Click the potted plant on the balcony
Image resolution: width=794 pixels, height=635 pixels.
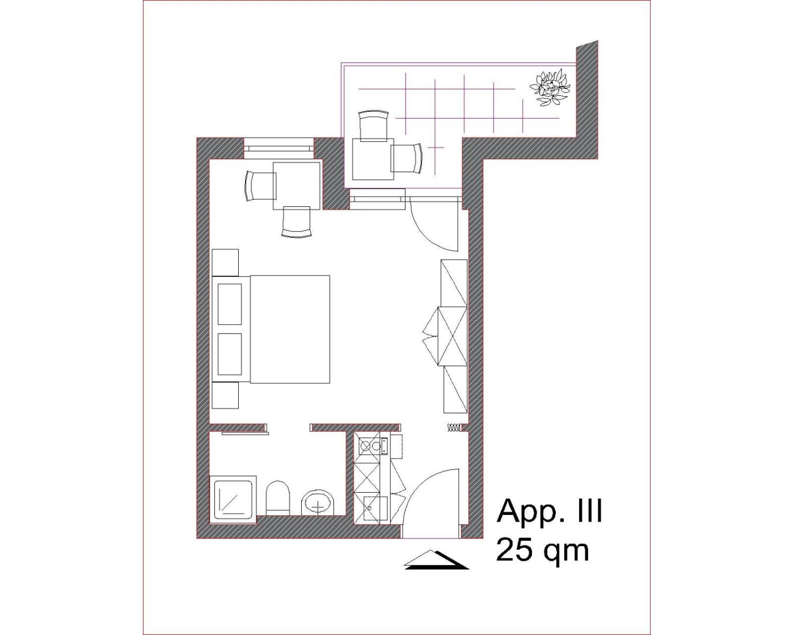[550, 88]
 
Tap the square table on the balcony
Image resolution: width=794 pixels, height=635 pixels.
[373, 159]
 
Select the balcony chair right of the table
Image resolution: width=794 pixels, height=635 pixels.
[406, 158]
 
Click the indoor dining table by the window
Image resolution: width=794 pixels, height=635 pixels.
[297, 186]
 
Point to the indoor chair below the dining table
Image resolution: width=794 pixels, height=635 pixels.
[296, 221]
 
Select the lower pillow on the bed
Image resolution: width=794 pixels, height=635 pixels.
[230, 354]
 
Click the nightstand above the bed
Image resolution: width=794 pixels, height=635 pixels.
[225, 262]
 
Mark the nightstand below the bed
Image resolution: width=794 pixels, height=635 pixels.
[225, 395]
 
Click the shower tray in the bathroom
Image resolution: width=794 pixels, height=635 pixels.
[233, 500]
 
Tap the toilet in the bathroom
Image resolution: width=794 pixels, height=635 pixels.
[278, 498]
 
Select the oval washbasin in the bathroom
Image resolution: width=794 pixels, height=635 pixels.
[318, 503]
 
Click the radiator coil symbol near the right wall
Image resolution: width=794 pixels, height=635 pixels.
[454, 427]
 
